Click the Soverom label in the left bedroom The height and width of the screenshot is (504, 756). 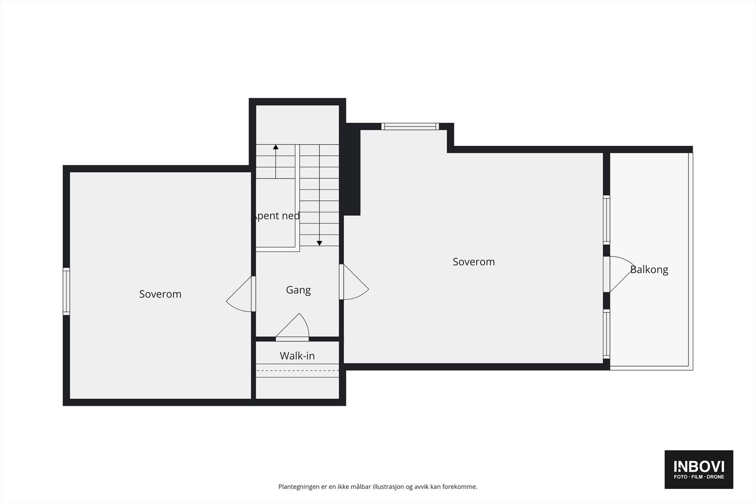(160, 294)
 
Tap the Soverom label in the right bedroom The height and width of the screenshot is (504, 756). (473, 262)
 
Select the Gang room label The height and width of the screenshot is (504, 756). (298, 290)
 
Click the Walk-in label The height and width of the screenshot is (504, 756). (297, 356)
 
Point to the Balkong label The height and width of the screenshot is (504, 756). (649, 270)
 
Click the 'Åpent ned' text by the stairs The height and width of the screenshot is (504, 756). (276, 216)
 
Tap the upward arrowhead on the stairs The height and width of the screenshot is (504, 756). (275, 147)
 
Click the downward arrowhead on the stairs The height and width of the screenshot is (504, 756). (319, 243)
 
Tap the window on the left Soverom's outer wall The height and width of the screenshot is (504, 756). (67, 291)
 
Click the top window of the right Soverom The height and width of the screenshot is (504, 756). (410, 126)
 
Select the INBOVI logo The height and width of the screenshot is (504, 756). (699, 467)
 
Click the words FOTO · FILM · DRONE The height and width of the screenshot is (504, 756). (699, 477)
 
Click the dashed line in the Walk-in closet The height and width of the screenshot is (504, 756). (298, 371)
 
